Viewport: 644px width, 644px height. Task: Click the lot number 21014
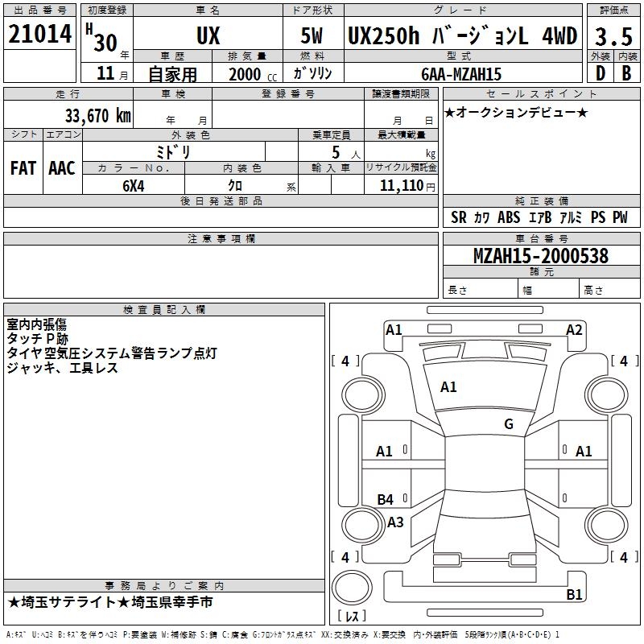click(x=41, y=34)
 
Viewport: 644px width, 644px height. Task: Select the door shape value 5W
click(x=312, y=36)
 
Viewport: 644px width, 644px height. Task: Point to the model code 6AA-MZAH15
click(x=461, y=74)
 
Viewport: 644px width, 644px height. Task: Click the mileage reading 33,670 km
click(x=95, y=115)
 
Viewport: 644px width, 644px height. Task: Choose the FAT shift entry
click(x=23, y=167)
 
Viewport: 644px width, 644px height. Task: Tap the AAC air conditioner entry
click(x=62, y=167)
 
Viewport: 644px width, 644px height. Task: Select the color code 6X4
click(x=134, y=185)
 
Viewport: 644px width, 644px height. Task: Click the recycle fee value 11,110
click(x=400, y=185)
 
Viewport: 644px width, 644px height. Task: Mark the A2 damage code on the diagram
click(x=574, y=329)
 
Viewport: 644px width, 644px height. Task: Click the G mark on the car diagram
click(x=509, y=424)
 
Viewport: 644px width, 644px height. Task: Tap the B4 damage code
click(x=386, y=500)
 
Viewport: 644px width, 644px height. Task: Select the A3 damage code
click(x=395, y=522)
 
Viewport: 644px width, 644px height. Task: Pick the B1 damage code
click(x=574, y=595)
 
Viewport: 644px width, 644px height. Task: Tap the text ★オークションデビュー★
click(x=516, y=112)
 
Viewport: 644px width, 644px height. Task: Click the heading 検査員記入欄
click(x=164, y=309)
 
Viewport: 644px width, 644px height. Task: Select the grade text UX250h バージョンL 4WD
click(x=462, y=36)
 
